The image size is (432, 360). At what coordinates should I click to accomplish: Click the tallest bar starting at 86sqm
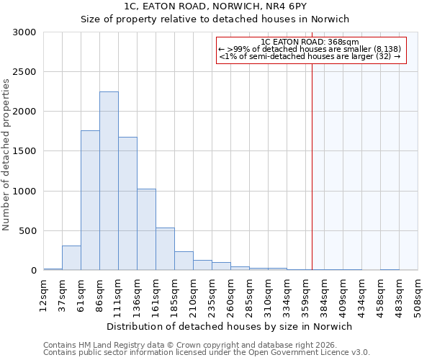pos(109,181)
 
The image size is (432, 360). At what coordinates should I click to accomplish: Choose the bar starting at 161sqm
pos(165,249)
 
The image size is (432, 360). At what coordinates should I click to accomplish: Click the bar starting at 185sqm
pos(184,261)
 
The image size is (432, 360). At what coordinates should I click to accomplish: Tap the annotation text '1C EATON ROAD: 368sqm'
pos(310,42)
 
